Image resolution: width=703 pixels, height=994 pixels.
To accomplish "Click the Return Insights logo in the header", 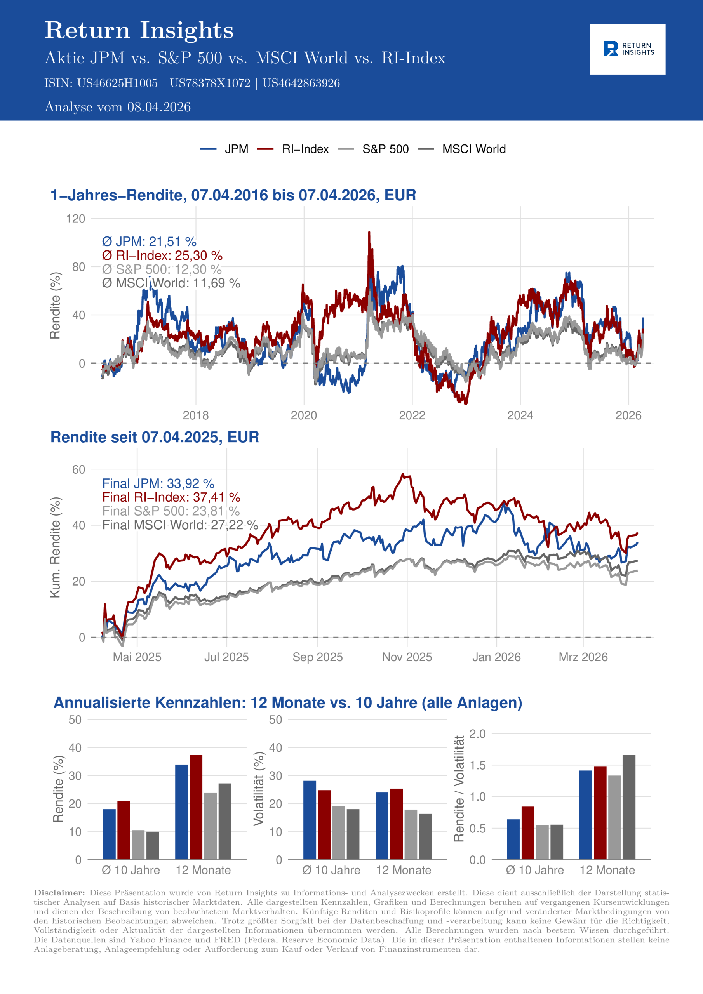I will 627,49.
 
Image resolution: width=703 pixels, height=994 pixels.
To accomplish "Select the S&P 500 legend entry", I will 385,149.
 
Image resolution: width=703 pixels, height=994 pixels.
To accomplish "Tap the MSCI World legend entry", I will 473,149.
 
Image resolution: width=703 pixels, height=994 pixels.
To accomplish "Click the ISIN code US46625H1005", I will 117,83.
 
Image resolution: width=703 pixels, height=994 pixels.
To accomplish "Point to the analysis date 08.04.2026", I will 158,107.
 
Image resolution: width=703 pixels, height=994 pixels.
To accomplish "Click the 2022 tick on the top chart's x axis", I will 412,415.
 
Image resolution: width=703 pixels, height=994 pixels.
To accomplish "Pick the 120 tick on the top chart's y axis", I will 75,219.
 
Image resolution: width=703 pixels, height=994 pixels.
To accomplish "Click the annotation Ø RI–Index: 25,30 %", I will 162,255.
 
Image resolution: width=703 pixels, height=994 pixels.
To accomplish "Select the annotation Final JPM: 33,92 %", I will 158,483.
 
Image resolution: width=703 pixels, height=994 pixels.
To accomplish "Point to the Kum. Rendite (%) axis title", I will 55,547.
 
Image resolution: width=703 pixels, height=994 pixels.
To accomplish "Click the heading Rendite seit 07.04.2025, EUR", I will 155,437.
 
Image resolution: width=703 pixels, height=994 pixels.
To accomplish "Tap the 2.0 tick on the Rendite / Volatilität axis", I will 477,734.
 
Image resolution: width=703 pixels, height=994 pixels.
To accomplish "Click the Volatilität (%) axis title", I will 259,788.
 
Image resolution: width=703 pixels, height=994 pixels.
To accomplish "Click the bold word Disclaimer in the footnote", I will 59,893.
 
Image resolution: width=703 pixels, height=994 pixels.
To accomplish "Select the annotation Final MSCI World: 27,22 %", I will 180,525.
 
